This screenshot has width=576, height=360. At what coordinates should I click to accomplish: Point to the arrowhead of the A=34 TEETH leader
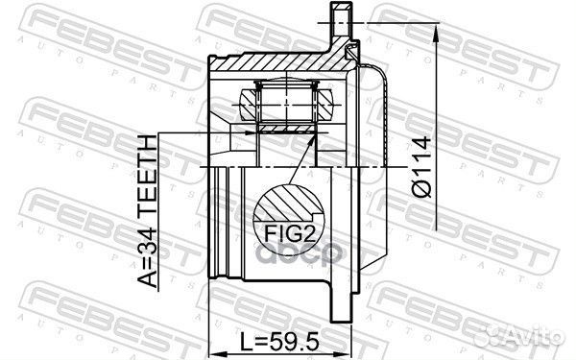[252, 133]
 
